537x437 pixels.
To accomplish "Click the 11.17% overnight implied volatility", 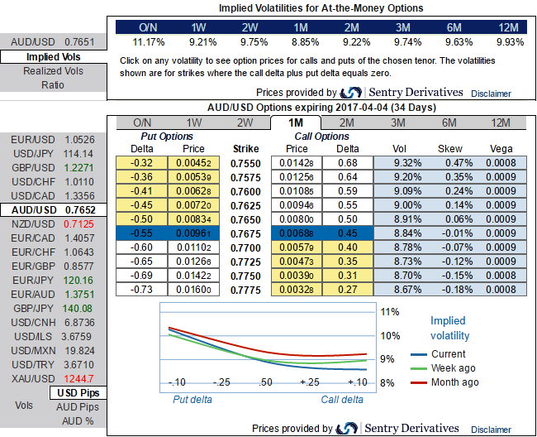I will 150,41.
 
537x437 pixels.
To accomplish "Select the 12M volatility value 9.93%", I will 511,41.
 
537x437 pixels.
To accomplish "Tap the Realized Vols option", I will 53,71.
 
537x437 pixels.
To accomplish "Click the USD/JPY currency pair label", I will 33,154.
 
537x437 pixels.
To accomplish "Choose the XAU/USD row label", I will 33,378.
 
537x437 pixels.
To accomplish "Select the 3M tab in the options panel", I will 397,123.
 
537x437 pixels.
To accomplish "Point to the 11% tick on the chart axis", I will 390,312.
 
